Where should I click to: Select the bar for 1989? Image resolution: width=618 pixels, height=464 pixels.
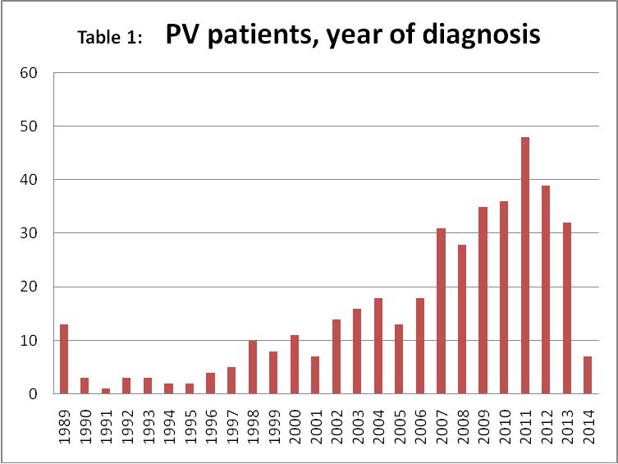pyautogui.click(x=64, y=359)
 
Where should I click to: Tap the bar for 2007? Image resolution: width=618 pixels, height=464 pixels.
pyautogui.click(x=441, y=311)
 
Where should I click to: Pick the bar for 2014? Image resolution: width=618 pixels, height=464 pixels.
pyautogui.click(x=588, y=375)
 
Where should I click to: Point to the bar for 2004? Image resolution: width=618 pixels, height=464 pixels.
pyautogui.click(x=378, y=346)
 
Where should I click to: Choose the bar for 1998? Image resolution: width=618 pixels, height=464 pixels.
pyautogui.click(x=253, y=367)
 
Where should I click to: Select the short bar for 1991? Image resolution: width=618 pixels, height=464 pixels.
pyautogui.click(x=106, y=391)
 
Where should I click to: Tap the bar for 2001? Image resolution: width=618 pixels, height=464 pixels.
pyautogui.click(x=315, y=375)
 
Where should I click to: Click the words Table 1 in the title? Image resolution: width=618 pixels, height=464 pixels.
pyautogui.click(x=109, y=38)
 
